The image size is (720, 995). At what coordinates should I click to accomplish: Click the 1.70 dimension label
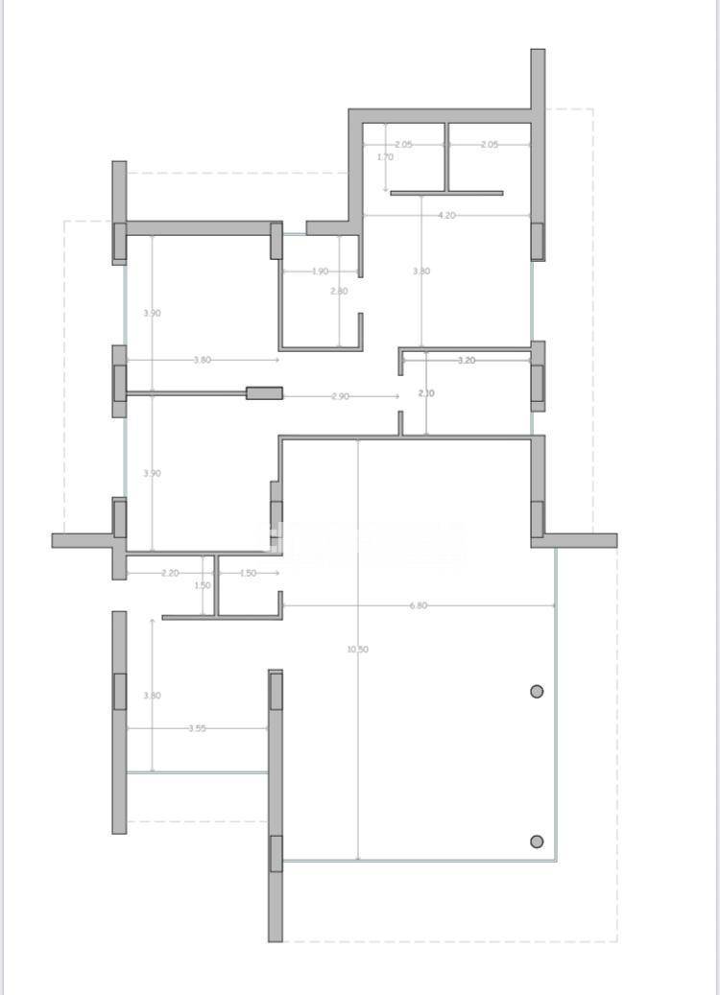[x=385, y=156]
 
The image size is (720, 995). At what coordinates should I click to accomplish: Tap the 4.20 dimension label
[x=446, y=215]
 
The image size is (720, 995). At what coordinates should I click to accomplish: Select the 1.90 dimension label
[x=321, y=271]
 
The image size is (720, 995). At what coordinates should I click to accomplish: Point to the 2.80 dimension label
[x=339, y=291]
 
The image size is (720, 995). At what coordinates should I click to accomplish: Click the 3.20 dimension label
[x=466, y=360]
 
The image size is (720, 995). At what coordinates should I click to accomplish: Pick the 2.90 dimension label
[x=340, y=395]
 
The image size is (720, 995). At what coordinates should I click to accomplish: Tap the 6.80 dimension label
[x=419, y=605]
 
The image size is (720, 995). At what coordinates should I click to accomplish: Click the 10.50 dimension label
[x=357, y=650]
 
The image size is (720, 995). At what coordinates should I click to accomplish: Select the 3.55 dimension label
[x=197, y=728]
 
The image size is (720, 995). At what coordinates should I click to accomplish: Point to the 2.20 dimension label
[x=170, y=573]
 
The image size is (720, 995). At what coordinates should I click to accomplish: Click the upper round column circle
[x=537, y=691]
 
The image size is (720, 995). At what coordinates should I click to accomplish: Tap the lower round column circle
[x=537, y=841]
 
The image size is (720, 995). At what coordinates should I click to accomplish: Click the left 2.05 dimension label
[x=403, y=144]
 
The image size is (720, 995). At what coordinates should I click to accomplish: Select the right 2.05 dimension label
[x=489, y=144]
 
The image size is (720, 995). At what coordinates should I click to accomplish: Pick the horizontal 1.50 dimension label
[x=248, y=573]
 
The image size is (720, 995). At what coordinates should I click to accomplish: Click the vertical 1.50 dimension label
[x=203, y=585]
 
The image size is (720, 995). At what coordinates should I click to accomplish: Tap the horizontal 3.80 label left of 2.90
[x=202, y=360]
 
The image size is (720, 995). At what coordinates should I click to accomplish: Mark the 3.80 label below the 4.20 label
[x=421, y=272]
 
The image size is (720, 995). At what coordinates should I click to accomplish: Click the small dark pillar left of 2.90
[x=264, y=392]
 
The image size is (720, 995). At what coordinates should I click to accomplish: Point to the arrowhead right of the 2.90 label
[x=396, y=395]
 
